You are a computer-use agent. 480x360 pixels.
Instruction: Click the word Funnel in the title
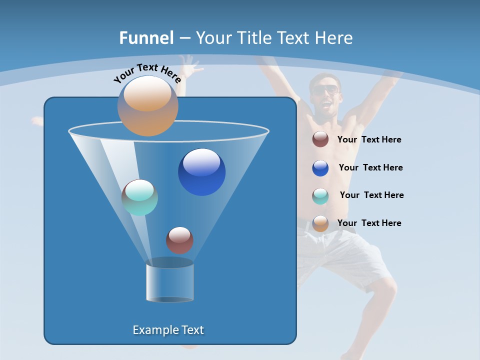[146, 38]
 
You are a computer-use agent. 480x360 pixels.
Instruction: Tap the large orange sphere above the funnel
[147, 106]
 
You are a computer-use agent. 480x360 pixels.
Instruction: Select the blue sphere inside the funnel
[201, 172]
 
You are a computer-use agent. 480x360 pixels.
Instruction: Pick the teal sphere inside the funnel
[139, 197]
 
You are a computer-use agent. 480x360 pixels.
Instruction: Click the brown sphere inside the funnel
[179, 240]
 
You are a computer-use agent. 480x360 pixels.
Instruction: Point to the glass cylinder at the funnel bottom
[169, 282]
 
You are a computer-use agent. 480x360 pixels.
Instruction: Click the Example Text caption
[168, 330]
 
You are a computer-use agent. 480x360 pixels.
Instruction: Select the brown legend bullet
[320, 139]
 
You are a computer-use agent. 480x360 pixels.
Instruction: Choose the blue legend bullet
[320, 168]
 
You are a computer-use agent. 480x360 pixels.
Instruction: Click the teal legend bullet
[320, 196]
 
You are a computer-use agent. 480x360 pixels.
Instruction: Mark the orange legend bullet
[320, 223]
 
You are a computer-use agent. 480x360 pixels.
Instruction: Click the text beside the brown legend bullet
[369, 139]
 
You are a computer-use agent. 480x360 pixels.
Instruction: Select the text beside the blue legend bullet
[370, 167]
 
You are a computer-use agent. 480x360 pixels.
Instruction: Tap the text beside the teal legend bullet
[371, 195]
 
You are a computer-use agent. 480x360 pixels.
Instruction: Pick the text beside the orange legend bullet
[369, 223]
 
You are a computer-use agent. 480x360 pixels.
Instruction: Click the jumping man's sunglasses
[325, 90]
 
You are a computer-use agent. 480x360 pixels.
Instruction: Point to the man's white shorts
[345, 255]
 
